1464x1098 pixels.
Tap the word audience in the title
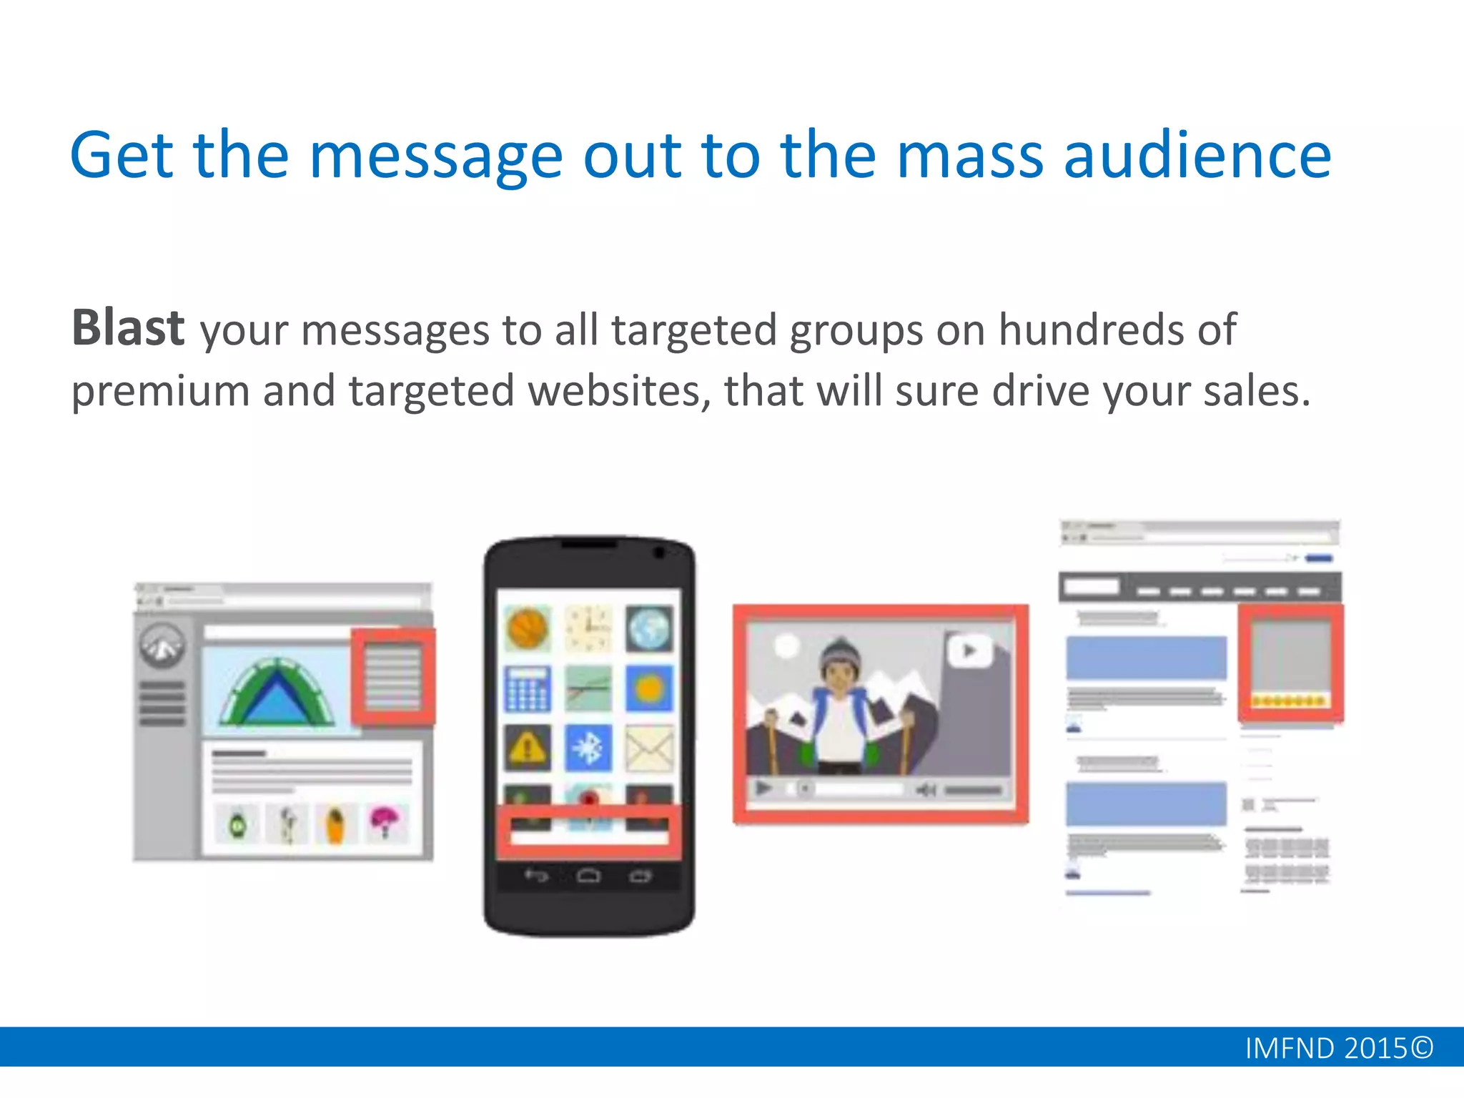point(1197,155)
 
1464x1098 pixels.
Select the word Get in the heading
point(122,155)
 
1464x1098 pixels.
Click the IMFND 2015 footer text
point(1338,1048)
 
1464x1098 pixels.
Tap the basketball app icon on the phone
point(528,628)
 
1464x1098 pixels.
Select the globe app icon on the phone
point(649,628)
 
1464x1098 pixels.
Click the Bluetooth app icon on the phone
point(588,748)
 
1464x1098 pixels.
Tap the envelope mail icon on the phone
point(649,748)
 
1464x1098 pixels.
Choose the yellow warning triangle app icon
point(528,748)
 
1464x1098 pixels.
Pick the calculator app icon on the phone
point(528,688)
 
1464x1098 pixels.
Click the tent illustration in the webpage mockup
point(277,692)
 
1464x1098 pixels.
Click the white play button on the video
point(969,651)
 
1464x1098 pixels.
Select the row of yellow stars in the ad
point(1290,701)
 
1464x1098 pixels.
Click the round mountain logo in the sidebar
point(162,646)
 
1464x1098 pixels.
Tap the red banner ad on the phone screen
point(588,832)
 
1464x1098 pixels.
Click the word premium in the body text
point(160,392)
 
